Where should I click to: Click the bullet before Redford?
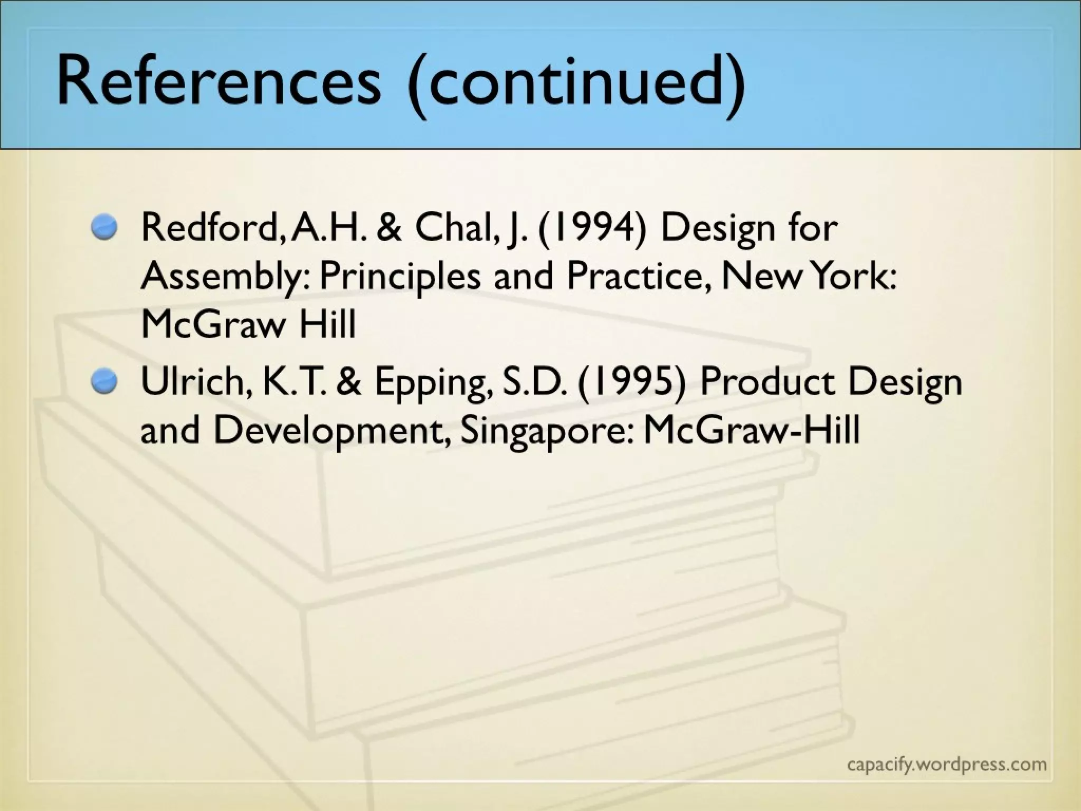click(x=103, y=229)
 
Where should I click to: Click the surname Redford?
click(x=208, y=228)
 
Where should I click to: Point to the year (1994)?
click(x=592, y=228)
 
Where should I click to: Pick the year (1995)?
click(x=631, y=382)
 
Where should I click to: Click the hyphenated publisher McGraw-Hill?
click(x=752, y=429)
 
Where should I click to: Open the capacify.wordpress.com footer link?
click(x=946, y=764)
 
